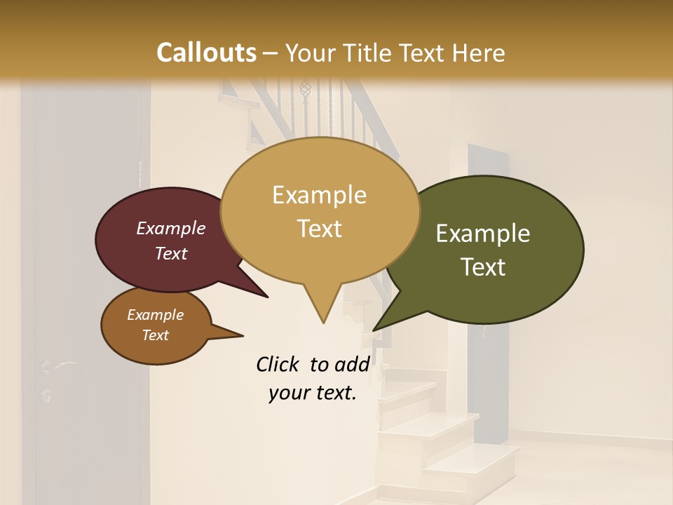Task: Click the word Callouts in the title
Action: [x=206, y=53]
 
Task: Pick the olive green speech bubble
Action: [x=491, y=250]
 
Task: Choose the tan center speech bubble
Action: [x=320, y=210]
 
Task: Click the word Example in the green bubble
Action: [x=483, y=234]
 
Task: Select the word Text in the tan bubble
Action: [x=320, y=229]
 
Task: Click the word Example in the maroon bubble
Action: [x=171, y=228]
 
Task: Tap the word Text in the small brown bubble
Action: [x=156, y=335]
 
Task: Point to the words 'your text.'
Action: [x=313, y=393]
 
